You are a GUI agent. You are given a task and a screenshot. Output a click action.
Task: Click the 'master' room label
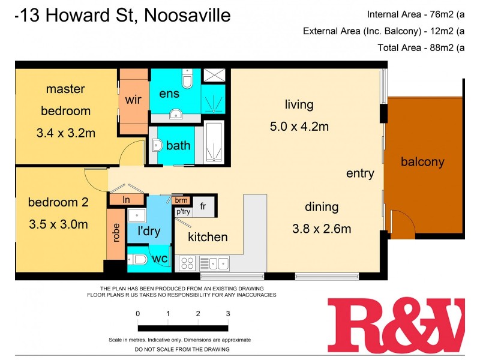[x=65, y=89]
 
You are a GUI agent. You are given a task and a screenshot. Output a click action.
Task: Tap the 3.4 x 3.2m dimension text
[x=65, y=133]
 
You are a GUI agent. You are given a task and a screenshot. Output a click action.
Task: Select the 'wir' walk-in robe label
[x=133, y=100]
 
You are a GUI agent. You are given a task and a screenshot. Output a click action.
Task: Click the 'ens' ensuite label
[x=169, y=94]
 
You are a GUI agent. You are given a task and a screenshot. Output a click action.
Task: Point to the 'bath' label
[x=178, y=145]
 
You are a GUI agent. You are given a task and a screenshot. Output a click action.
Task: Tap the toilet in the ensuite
[x=187, y=79]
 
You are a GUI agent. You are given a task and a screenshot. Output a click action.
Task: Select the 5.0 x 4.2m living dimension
[x=299, y=127]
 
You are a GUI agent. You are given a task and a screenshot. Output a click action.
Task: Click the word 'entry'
[x=360, y=173]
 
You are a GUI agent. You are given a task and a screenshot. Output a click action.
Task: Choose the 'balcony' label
[x=422, y=161]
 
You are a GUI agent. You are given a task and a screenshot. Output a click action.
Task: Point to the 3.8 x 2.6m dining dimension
[x=322, y=228]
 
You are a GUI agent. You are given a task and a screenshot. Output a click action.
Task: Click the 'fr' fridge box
[x=203, y=206]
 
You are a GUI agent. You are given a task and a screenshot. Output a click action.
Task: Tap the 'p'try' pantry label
[x=182, y=211]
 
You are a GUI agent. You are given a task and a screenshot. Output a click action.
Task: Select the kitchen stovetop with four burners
[x=188, y=263]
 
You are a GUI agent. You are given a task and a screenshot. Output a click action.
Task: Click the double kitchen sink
[x=215, y=263]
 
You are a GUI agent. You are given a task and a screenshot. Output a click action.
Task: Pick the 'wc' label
[x=160, y=259]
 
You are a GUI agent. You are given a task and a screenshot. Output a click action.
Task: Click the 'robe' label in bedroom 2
[x=116, y=233]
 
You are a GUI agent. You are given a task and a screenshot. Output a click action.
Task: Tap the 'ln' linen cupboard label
[x=127, y=199]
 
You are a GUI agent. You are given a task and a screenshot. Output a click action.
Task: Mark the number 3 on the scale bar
[x=228, y=313]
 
